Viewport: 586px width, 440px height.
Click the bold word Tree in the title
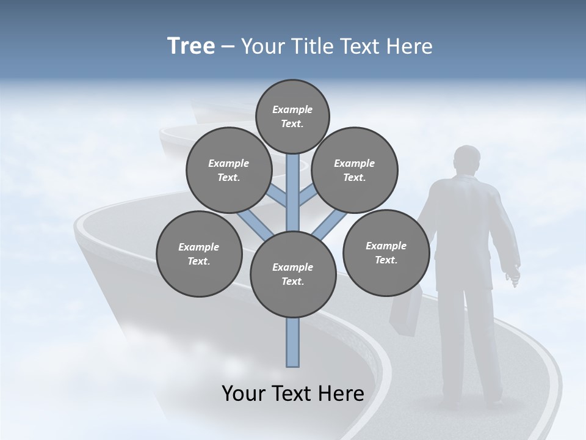click(x=191, y=46)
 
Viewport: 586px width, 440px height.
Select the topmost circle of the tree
click(x=292, y=116)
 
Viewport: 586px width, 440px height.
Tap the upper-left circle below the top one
click(x=229, y=170)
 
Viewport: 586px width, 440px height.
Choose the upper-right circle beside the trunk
click(x=355, y=170)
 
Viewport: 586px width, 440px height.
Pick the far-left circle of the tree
click(x=199, y=254)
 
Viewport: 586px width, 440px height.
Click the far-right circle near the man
click(x=386, y=252)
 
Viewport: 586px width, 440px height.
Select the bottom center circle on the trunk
click(x=293, y=274)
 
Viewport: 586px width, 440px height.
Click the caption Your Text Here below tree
click(x=293, y=394)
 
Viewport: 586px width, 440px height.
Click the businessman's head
click(x=468, y=160)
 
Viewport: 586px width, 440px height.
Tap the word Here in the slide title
click(x=409, y=46)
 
